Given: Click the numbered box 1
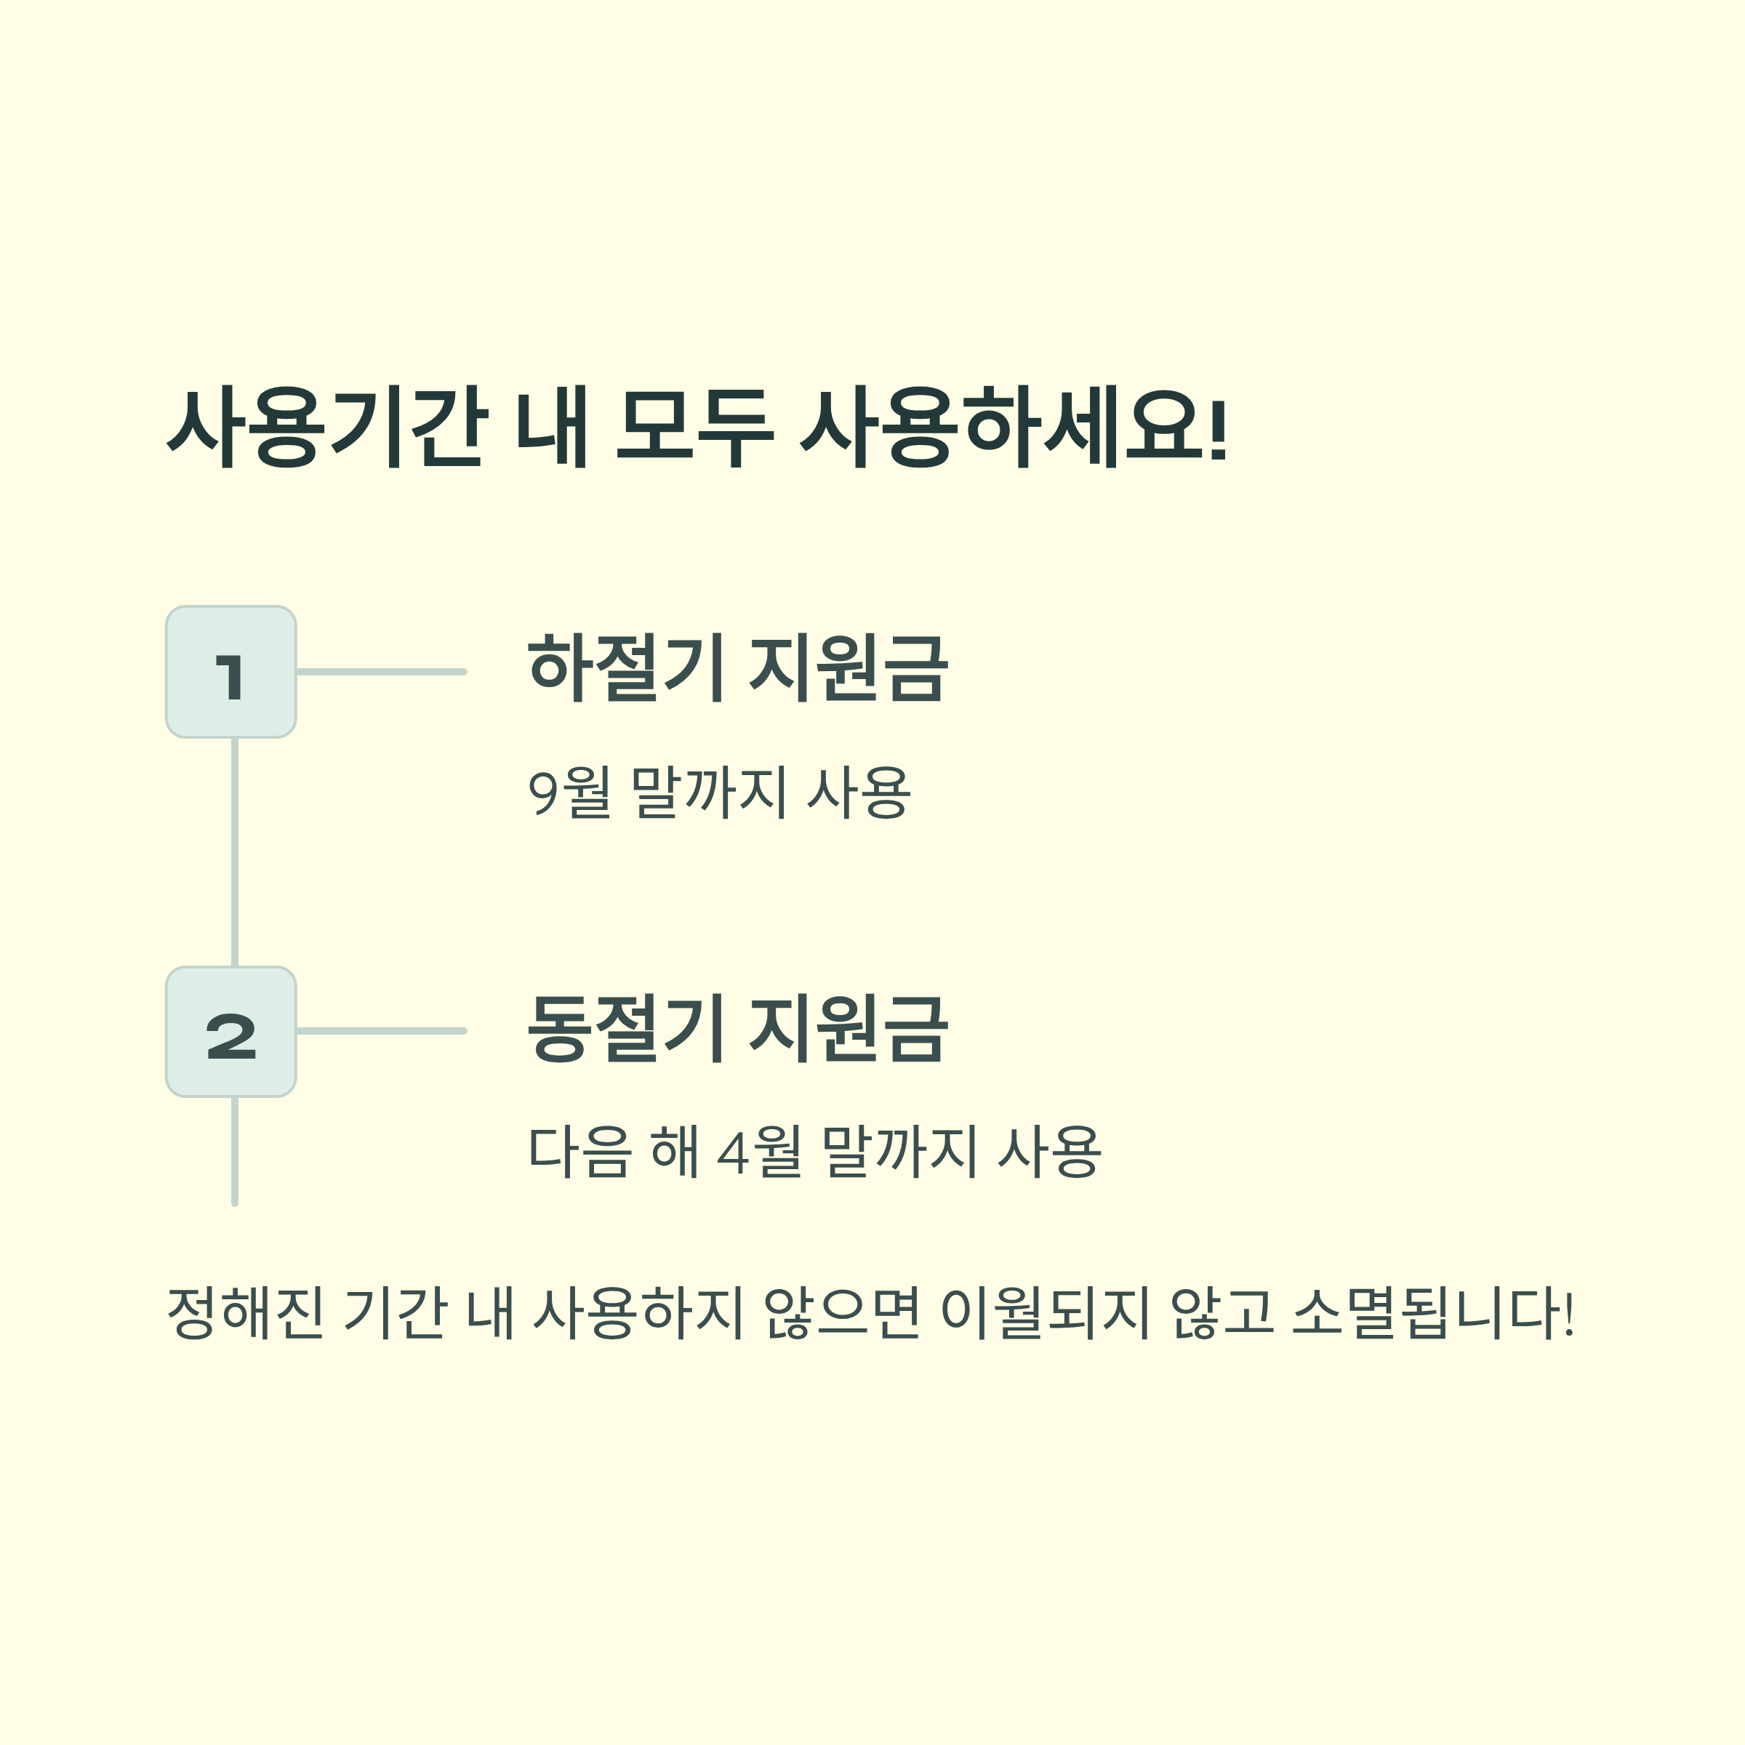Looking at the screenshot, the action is (231, 672).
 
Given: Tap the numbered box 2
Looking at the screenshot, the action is (231, 1032).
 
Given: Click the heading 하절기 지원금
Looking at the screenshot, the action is (737, 668).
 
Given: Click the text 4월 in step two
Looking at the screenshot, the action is (758, 1152).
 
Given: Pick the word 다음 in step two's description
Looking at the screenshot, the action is (578, 1152).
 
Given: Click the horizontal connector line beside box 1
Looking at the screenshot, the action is (381, 672).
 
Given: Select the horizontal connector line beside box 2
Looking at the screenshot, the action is (381, 1030).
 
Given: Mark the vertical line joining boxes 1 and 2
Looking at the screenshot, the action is (235, 851).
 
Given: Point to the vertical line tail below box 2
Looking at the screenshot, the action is (235, 1151).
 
